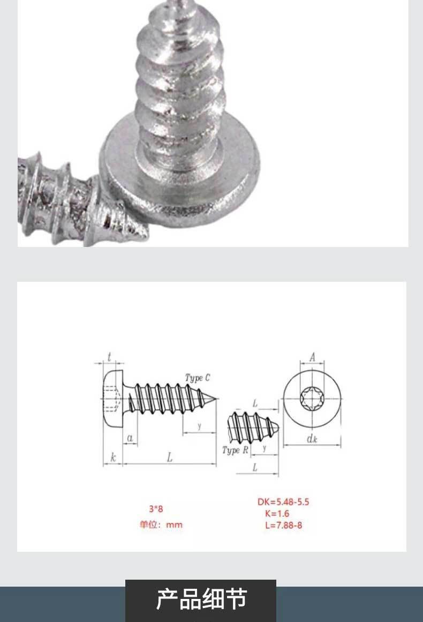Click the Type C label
pos(198,378)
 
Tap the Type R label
pos(235,450)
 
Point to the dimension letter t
pos(109,357)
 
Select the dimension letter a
pos(130,438)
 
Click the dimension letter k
pos(113,458)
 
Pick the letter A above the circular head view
pos(312,357)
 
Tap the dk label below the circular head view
pos(312,438)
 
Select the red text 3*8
pos(156,508)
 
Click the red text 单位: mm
pos(161,524)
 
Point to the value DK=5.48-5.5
pos(283,502)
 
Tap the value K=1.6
pos(277,513)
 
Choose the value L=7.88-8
pos(283,525)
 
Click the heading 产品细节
pos(201,599)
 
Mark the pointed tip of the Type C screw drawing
pos(216,398)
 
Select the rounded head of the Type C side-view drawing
pos(113,399)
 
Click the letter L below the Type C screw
pos(170,458)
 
